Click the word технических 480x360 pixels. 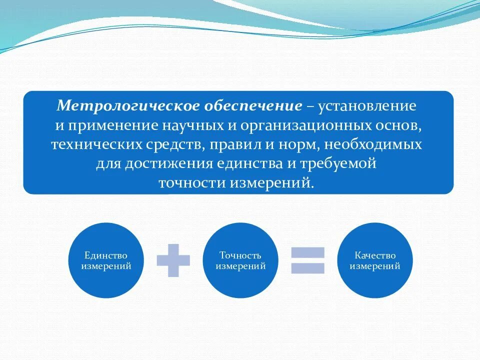pos(96,144)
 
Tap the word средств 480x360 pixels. pos(173,144)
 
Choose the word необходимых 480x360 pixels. pos(374,144)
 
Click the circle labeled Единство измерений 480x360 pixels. pos(105,260)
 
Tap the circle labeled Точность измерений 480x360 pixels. pos(240,260)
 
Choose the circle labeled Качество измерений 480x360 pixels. pos(375,260)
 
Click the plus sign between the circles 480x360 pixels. pos(173,260)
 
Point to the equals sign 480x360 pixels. pos(308,260)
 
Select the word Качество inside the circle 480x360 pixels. pos(375,255)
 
